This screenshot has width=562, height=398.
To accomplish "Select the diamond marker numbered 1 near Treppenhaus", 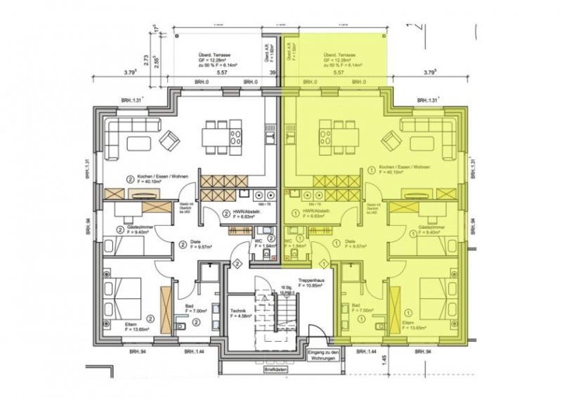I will (324, 263).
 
